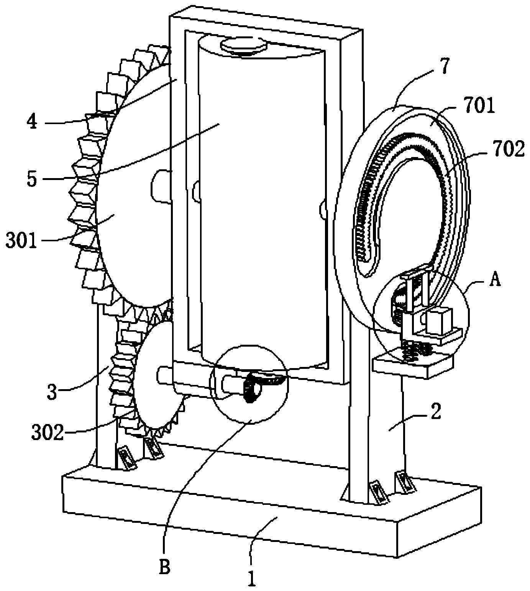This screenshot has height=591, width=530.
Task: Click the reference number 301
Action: pyautogui.click(x=21, y=242)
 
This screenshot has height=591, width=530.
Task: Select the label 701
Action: pyautogui.click(x=479, y=106)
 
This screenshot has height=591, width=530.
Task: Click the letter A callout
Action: pyautogui.click(x=495, y=281)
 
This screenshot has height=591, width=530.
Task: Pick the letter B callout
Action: pyautogui.click(x=164, y=567)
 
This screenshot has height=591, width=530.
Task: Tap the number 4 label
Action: pyautogui.click(x=33, y=122)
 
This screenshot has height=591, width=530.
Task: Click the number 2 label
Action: pyautogui.click(x=436, y=411)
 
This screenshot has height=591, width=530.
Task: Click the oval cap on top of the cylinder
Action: pyautogui.click(x=244, y=45)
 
